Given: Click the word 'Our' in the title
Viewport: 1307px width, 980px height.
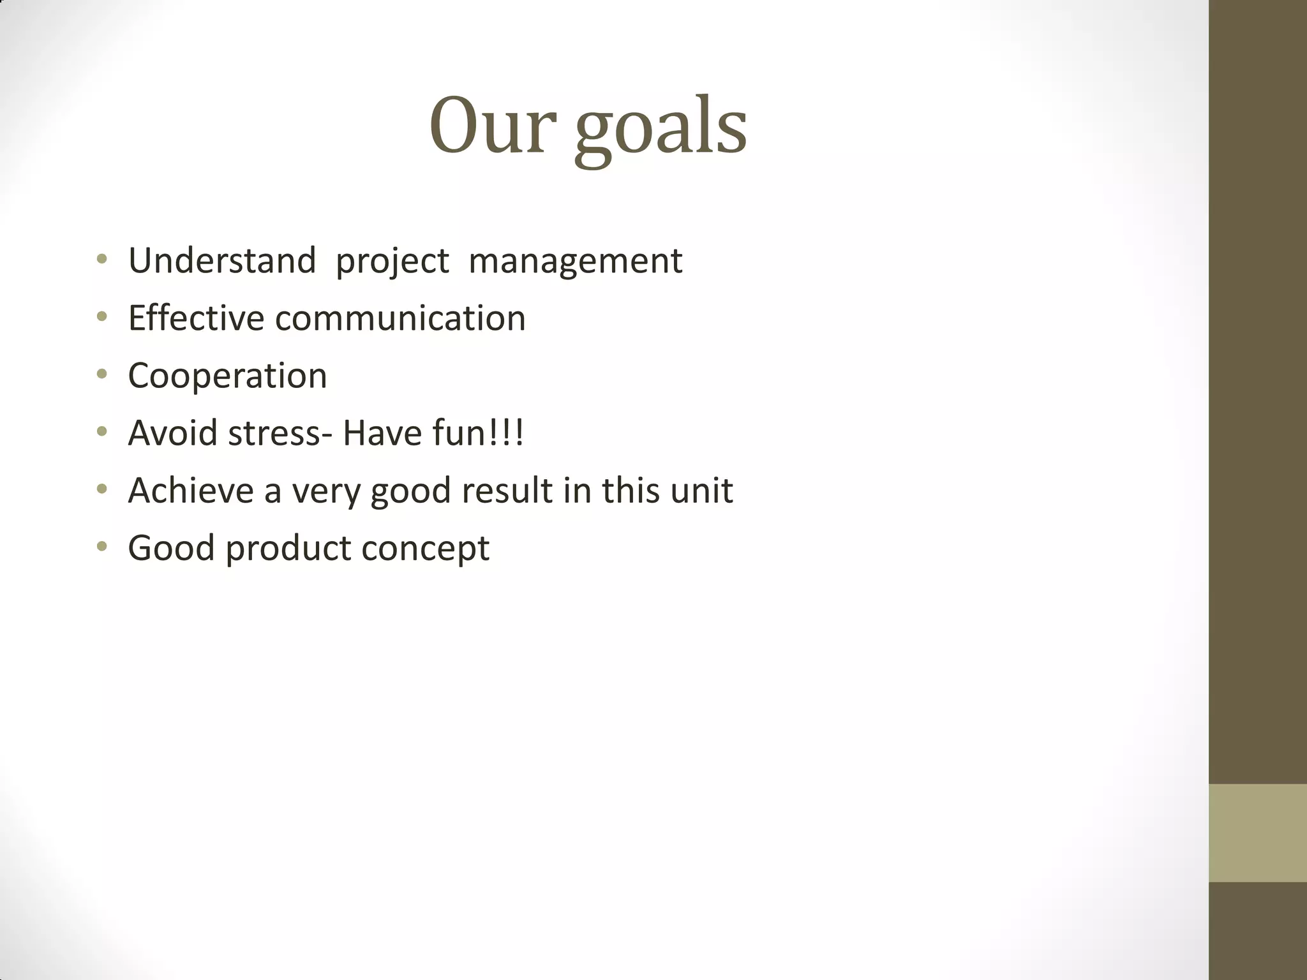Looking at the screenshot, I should tap(488, 126).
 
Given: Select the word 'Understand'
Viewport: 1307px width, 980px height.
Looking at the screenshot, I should tap(222, 261).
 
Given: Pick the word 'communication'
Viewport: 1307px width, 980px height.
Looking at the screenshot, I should tap(400, 318).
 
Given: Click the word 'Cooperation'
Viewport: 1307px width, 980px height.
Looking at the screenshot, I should tap(227, 376).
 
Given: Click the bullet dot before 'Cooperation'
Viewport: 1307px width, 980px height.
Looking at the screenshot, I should tap(102, 375).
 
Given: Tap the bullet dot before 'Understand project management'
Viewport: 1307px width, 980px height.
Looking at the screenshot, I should tap(102, 260).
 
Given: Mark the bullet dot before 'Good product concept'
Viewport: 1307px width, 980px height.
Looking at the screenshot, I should tap(102, 547).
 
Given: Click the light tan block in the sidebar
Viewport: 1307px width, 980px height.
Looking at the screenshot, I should tap(1257, 833).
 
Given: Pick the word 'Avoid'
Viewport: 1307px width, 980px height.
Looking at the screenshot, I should tap(172, 433).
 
